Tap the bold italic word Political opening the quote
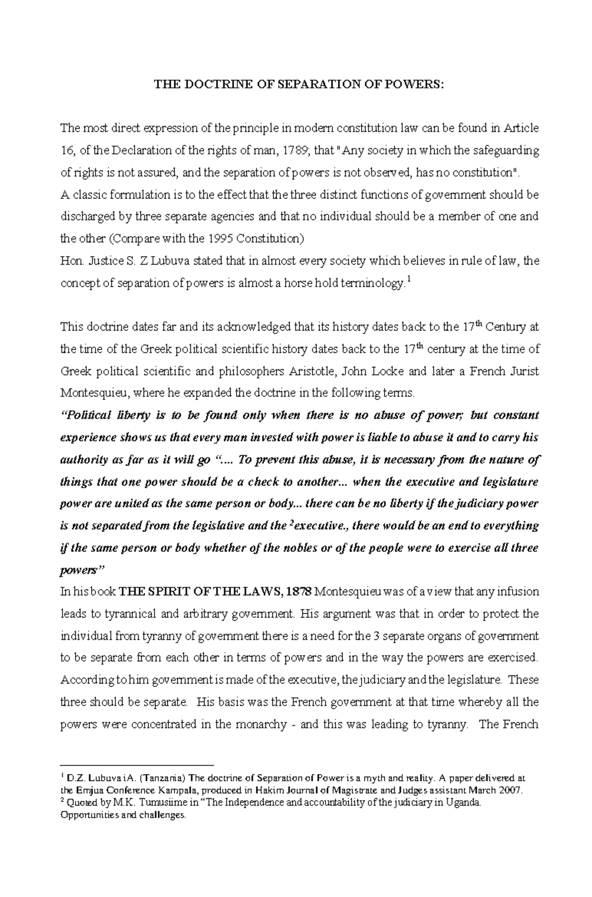(x=89, y=416)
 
